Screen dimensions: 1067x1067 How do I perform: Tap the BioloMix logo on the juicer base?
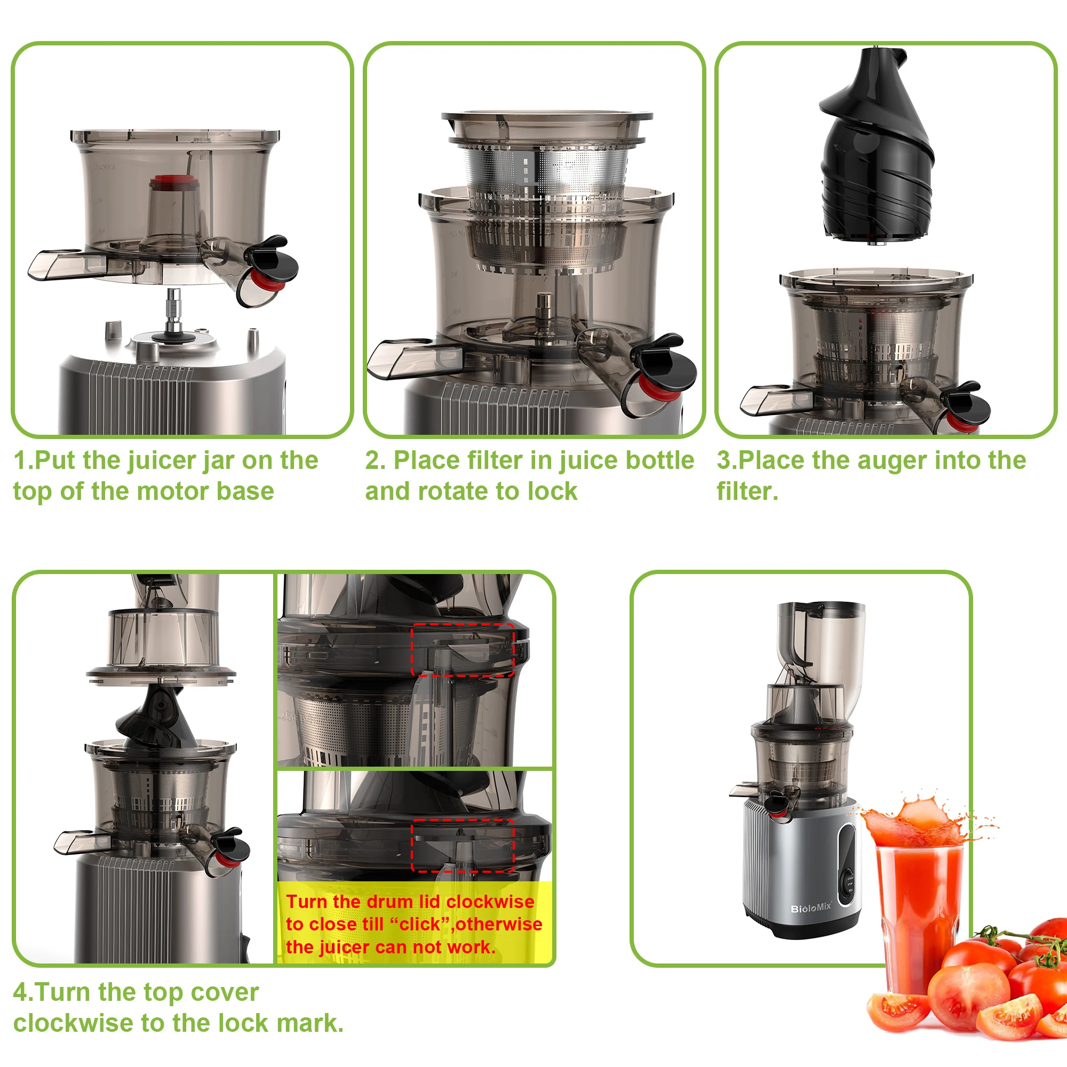[x=811, y=908]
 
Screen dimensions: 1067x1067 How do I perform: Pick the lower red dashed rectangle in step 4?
[x=463, y=846]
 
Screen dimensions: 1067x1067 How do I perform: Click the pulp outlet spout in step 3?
[x=776, y=399]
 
